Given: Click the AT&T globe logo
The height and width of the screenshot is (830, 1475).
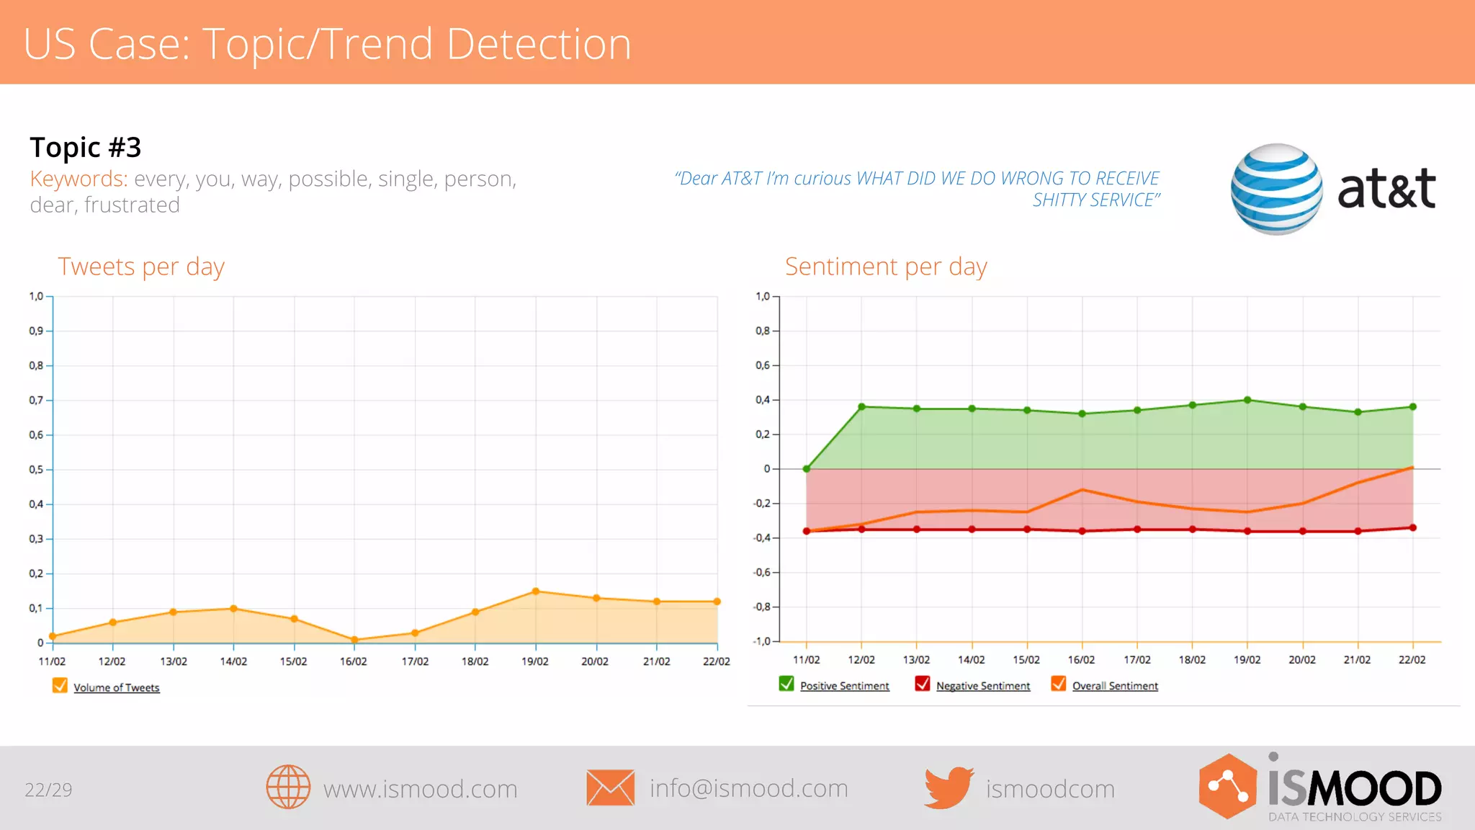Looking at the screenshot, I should click(x=1276, y=189).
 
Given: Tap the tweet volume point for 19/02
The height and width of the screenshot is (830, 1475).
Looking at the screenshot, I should click(x=535, y=592).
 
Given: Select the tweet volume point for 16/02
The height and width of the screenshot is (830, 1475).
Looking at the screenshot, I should click(x=354, y=640).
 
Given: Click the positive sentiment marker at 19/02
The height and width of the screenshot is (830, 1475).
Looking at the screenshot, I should click(x=1247, y=400).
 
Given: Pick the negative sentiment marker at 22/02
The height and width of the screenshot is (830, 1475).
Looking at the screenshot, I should click(x=1412, y=528).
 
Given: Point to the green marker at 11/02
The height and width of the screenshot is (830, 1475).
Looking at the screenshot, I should click(x=807, y=469).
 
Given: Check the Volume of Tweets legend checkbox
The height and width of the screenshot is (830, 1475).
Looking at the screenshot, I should click(x=60, y=686).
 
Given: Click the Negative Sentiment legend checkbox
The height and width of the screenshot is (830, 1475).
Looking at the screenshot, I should click(x=922, y=684).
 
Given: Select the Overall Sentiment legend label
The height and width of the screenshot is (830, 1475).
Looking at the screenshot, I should click(x=1115, y=686).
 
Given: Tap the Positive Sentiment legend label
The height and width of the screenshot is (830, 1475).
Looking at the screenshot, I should click(x=844, y=686).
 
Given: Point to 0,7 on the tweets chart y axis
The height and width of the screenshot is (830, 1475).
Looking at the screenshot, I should click(x=36, y=400).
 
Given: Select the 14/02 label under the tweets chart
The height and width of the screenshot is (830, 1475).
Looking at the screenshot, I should click(x=233, y=661).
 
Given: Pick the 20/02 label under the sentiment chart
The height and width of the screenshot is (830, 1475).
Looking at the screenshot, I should click(x=1302, y=660).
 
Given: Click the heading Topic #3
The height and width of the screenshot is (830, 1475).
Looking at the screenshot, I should click(x=86, y=148).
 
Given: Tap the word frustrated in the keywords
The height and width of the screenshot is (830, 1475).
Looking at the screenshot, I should click(x=132, y=205).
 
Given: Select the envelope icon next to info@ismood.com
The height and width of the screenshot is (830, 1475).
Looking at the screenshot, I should click(x=610, y=787).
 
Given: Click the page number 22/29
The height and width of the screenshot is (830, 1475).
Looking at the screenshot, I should click(x=48, y=790).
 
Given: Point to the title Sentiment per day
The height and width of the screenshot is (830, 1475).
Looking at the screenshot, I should click(x=886, y=267).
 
